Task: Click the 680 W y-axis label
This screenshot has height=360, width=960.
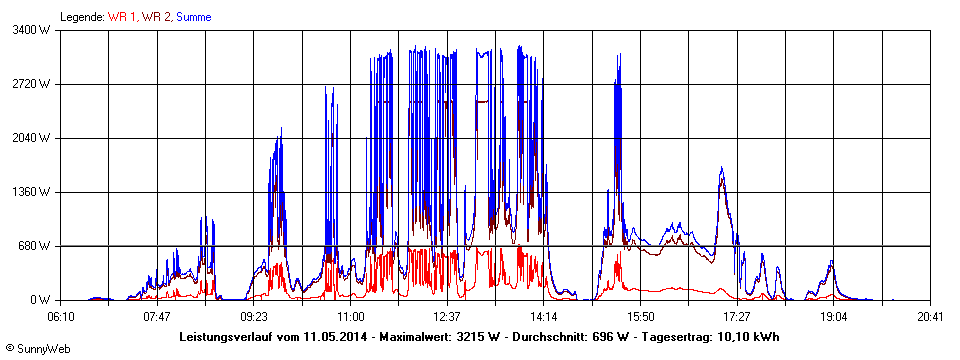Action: [37, 246]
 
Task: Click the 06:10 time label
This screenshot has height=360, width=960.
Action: [60, 316]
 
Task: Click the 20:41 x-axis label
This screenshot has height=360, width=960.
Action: [930, 316]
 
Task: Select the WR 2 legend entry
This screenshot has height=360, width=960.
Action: [156, 17]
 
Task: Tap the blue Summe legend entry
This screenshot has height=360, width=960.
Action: [193, 17]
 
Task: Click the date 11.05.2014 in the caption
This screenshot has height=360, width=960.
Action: [333, 337]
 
